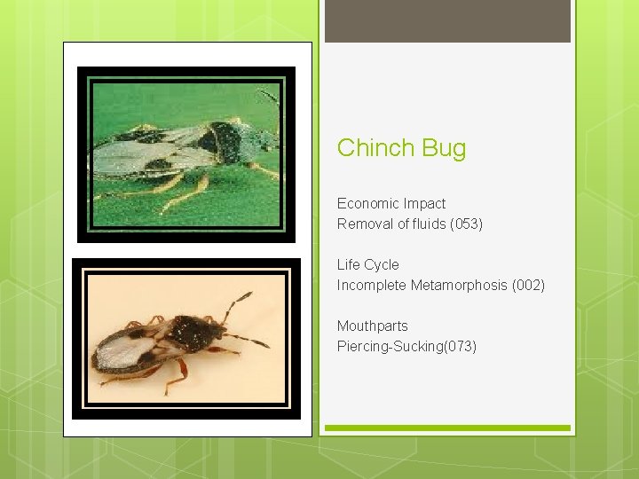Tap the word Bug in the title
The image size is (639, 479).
(x=444, y=148)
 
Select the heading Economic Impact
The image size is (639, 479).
(x=391, y=203)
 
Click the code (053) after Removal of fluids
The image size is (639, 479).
(x=466, y=224)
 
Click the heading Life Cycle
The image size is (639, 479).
(x=367, y=264)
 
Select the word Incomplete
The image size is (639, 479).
(x=371, y=285)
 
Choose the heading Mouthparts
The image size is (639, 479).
(x=372, y=326)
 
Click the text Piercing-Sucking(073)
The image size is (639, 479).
(x=406, y=346)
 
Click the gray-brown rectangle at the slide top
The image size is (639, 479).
(x=447, y=20)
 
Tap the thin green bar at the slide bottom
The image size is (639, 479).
(x=447, y=428)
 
